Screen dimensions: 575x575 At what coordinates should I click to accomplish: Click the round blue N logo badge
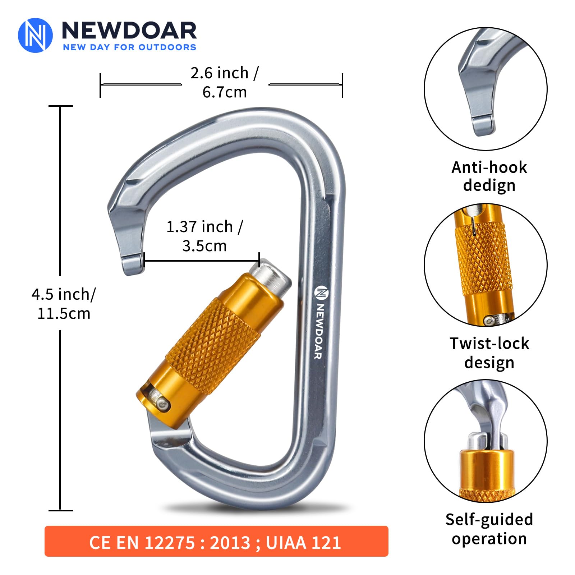point(35,35)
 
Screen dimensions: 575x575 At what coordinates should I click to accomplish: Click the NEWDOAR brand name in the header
point(129,30)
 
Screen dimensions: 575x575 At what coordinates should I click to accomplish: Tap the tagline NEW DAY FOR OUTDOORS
point(129,47)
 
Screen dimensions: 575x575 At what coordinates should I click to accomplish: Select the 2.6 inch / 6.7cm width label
point(225,82)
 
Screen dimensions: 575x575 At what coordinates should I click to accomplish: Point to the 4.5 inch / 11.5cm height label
point(64,304)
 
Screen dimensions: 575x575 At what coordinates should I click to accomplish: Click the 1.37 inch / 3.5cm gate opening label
point(204,236)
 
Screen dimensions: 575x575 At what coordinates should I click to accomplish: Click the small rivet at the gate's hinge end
point(164,405)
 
